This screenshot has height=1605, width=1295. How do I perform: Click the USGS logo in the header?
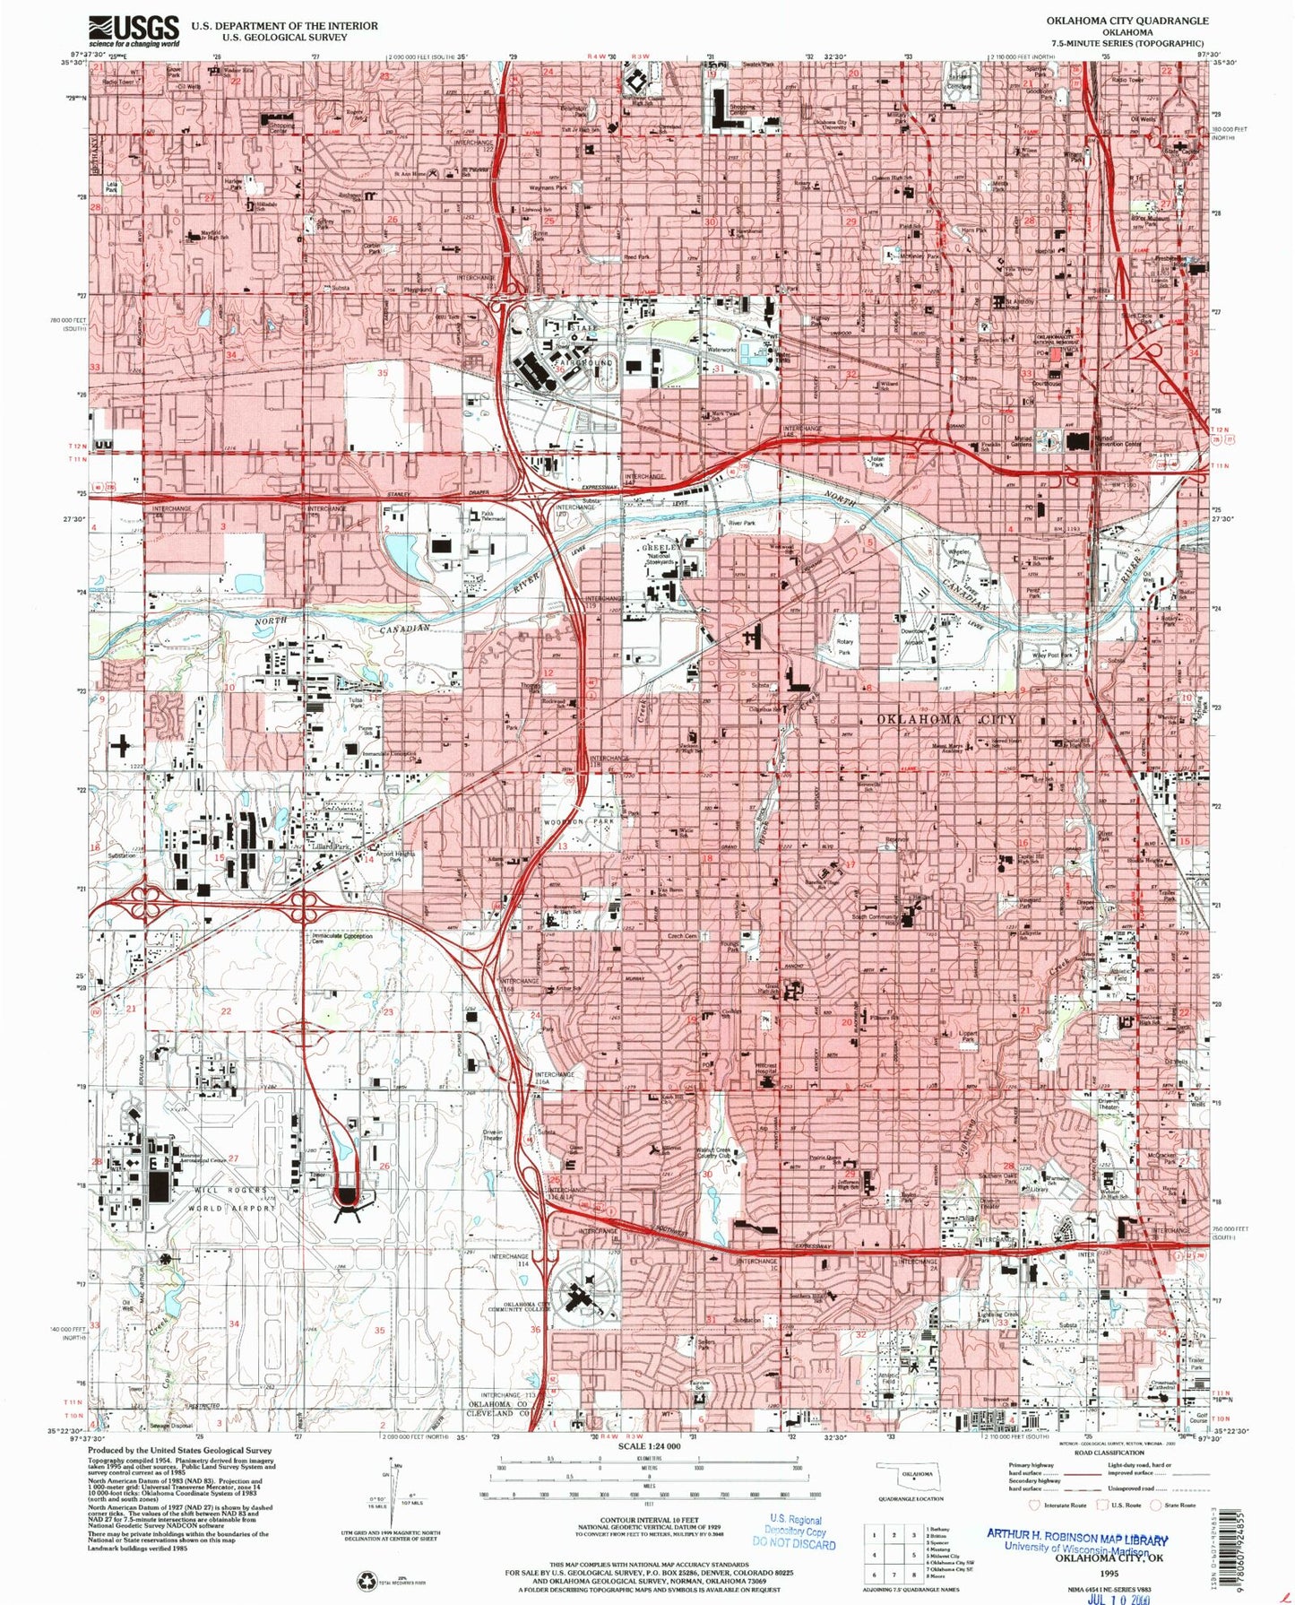point(134,31)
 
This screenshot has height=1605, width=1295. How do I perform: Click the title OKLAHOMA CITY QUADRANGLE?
point(1127,20)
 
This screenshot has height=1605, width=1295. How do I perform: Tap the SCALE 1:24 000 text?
point(647,1446)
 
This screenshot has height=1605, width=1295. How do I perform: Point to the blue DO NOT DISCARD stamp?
point(794,1544)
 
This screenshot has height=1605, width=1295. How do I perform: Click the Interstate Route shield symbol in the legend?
point(1038,1505)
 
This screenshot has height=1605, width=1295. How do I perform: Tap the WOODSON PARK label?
point(579,821)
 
